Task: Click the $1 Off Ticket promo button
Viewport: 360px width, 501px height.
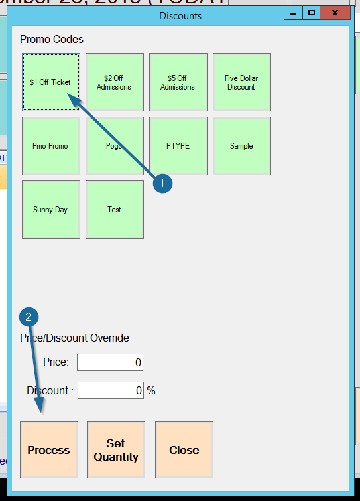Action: point(50,82)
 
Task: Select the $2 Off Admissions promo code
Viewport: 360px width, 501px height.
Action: point(114,82)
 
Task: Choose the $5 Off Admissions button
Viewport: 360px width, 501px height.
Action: point(178,82)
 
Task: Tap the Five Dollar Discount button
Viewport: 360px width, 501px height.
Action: point(241,82)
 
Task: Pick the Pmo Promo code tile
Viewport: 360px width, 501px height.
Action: point(50,146)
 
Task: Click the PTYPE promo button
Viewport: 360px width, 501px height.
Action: point(178,146)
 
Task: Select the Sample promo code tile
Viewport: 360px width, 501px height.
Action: point(241,146)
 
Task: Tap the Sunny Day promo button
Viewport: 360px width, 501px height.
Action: point(50,210)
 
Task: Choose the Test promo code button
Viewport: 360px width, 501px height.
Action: point(114,210)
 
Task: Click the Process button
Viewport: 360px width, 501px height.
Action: point(49,450)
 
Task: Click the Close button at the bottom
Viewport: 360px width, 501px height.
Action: point(184,450)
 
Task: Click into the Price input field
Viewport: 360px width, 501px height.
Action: point(110,362)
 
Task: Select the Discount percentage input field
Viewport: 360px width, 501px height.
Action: point(110,390)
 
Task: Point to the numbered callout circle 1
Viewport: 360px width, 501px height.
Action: point(163,184)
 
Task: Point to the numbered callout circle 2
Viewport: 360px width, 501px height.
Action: point(28,317)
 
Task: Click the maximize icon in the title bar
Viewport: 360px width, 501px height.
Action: point(312,13)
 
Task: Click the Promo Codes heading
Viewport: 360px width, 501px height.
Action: point(52,40)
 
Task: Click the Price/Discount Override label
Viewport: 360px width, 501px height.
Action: point(74,338)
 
